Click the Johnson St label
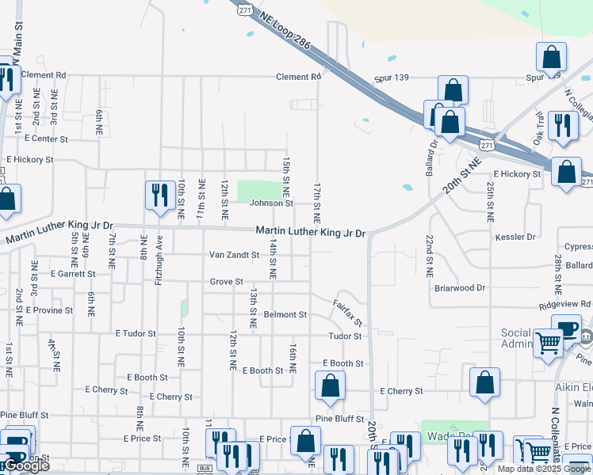271,203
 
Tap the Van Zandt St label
234,255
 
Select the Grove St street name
227,281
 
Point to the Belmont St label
285,314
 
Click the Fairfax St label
347,313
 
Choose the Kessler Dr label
517,237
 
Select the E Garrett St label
72,273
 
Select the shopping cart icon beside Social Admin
548,343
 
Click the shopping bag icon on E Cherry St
484,382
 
